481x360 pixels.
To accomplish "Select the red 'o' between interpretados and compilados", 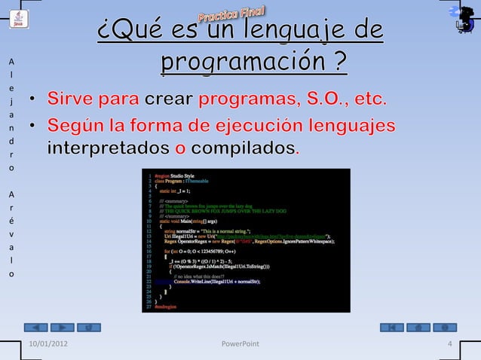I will pyautogui.click(x=179, y=147).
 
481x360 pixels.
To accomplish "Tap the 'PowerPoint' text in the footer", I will pyautogui.click(x=240, y=344).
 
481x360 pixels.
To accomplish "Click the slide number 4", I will pyautogui.click(x=449, y=344).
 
